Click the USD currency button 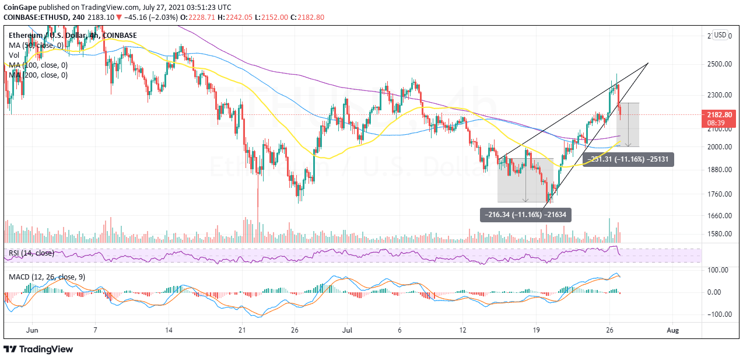[x=720, y=35]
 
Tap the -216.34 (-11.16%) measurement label [x=525, y=215]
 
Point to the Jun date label [x=33, y=330]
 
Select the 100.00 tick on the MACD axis [x=719, y=270]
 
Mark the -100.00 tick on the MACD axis [x=717, y=314]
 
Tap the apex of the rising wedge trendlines [x=649, y=63]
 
